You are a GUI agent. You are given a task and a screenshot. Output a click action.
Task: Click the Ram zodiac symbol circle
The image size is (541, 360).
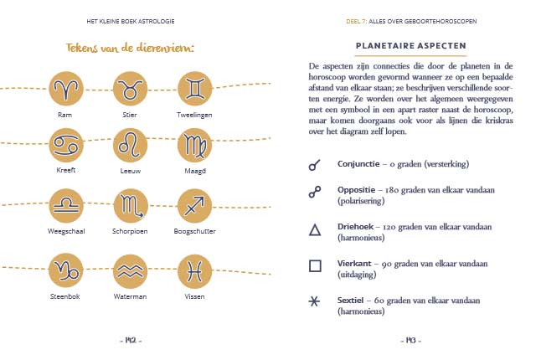65,88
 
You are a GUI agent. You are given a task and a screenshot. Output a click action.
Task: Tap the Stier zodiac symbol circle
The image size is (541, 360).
130,88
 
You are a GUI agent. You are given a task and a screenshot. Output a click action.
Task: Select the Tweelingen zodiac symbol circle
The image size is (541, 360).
194,88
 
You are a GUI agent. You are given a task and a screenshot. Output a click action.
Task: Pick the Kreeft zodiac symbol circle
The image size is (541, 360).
65,145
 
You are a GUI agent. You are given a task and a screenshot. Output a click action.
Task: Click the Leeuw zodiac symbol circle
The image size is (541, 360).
130,145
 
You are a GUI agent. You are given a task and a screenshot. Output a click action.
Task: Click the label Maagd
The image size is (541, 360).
194,170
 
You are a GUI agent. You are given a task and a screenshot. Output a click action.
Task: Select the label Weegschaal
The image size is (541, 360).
65,230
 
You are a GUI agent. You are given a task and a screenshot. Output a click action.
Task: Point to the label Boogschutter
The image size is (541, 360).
194,230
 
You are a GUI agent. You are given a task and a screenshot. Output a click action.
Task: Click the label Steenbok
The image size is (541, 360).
65,295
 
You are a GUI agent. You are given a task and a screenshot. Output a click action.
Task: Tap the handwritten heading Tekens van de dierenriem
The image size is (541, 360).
130,47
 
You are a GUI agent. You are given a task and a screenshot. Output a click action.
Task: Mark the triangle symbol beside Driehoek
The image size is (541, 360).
315,230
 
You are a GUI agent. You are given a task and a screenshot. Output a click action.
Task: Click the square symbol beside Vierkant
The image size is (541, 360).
315,266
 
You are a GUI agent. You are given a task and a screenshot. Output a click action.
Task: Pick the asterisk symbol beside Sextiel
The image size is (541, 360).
315,302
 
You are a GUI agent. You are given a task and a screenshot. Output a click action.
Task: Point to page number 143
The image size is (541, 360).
410,340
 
